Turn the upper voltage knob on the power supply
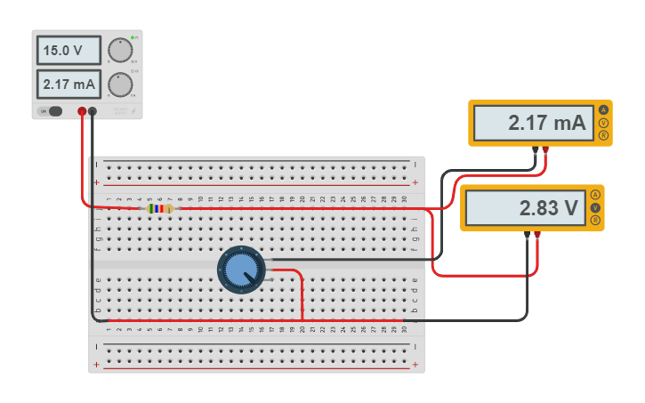(119, 51)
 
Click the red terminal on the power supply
(82, 111)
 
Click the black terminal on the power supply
(93, 111)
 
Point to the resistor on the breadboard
(159, 209)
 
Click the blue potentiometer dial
(241, 269)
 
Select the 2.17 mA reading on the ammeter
(531, 123)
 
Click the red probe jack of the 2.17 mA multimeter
(545, 149)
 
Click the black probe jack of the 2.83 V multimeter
(528, 234)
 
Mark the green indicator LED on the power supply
(133, 37)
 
